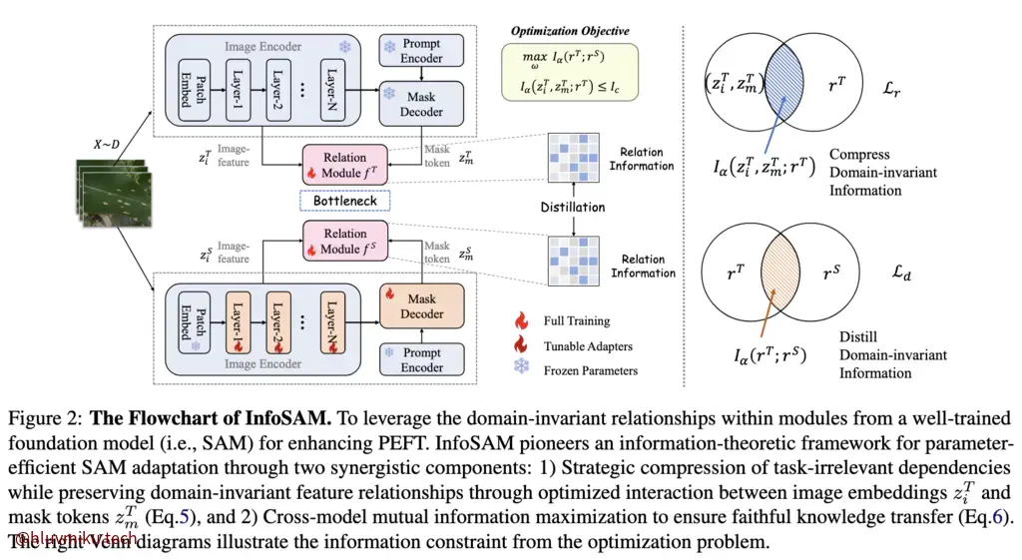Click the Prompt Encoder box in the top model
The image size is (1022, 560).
coord(422,51)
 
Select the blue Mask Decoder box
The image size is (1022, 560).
coord(421,104)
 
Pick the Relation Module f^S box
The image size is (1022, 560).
coord(344,242)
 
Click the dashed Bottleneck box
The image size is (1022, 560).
coord(344,202)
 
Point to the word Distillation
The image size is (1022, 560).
coord(573,208)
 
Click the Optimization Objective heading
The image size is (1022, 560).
coord(570,32)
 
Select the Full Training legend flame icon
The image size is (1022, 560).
coord(520,321)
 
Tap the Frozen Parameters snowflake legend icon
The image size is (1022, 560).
coord(520,369)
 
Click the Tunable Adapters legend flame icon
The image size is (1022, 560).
coord(520,345)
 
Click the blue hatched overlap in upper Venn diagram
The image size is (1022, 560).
coord(785,79)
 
